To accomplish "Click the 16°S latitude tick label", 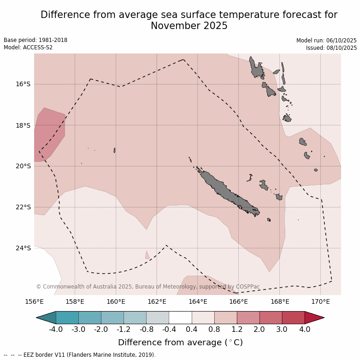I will pos(24,84).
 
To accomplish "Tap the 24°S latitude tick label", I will pos(24,248).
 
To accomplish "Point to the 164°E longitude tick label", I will pos(198,302).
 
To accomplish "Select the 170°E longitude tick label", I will pos(320,302).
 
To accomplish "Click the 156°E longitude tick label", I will pos(34,302).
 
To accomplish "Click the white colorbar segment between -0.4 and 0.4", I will pos(180,318).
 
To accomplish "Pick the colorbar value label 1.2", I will pos(236,330).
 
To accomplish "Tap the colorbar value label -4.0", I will pos(56,330).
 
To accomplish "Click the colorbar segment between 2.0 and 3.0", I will pos(271,318).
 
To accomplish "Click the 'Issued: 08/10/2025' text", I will pos(331,48).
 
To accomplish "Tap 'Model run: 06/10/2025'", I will pos(326,41).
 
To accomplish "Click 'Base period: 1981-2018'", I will pos(35,40).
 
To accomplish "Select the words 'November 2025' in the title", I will pos(189,26).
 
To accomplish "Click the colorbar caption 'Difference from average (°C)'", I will pos(180,342).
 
